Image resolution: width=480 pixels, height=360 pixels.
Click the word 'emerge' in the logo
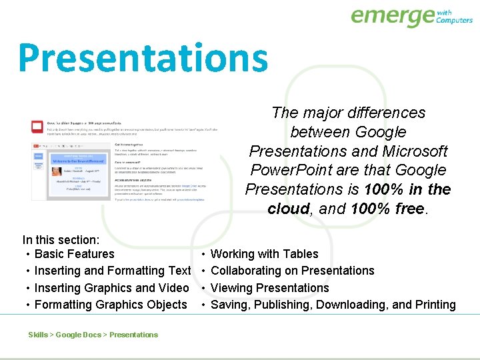391,16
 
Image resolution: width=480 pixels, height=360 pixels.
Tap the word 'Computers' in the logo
454,20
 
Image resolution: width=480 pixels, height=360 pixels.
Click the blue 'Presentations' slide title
143,58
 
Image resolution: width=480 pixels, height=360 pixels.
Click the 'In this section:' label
61,240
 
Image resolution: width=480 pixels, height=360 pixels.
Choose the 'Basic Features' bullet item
74,254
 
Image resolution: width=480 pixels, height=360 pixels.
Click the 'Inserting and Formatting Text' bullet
112,271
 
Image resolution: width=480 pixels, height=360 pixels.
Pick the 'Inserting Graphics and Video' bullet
111,288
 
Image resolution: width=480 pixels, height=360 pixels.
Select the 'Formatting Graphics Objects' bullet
111,305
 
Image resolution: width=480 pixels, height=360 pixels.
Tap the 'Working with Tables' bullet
264,254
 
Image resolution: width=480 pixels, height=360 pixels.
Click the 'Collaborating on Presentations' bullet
292,271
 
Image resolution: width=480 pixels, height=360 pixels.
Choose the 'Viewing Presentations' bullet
269,288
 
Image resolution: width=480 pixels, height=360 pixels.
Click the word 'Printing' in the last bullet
435,305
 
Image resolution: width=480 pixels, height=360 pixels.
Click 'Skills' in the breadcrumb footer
38,335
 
